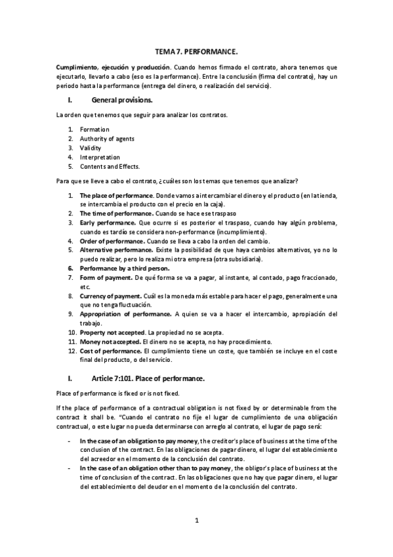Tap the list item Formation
click(x=94, y=129)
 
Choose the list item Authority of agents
click(x=107, y=139)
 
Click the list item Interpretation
click(x=100, y=157)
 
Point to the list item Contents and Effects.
click(x=110, y=166)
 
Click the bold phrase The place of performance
click(x=116, y=196)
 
